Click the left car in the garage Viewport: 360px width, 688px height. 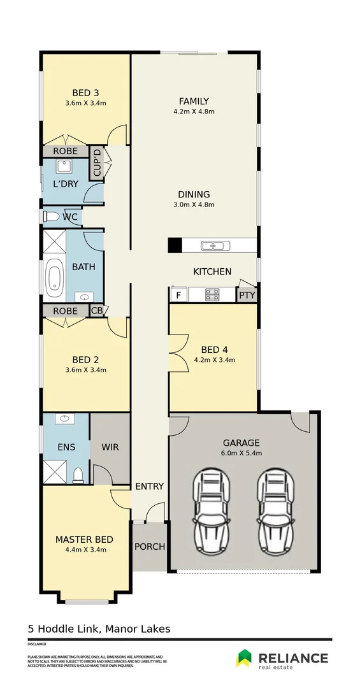tap(212, 504)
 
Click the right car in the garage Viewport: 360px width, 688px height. tap(277, 504)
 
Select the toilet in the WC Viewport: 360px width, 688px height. tap(51, 217)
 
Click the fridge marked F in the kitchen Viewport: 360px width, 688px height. tap(178, 295)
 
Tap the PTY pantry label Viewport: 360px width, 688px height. tap(246, 296)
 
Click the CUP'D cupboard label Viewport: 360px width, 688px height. tap(97, 163)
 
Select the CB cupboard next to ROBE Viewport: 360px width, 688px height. tap(97, 311)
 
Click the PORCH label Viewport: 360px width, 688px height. tap(150, 547)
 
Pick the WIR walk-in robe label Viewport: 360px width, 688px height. tap(110, 447)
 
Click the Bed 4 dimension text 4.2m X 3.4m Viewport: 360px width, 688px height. tap(214, 360)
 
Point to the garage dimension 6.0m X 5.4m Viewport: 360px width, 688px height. tap(241, 453)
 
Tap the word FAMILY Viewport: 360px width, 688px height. tap(194, 101)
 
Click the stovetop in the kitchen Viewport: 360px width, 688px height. tap(212, 295)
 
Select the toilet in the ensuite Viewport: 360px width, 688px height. tap(78, 475)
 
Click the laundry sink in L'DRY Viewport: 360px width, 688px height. tap(64, 167)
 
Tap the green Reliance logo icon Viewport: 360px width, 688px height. tap(244, 658)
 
